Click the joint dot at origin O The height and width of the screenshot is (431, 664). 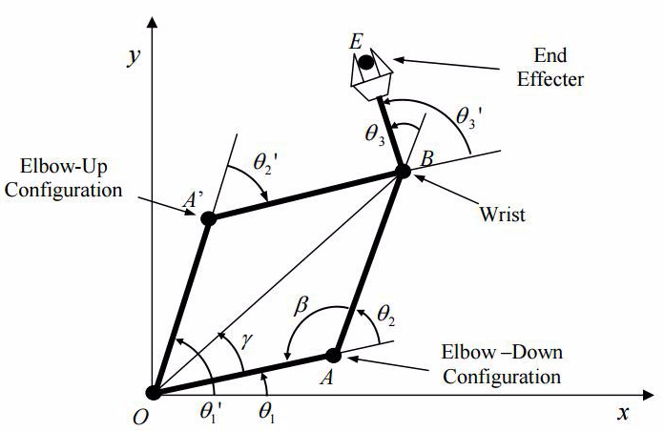point(154,392)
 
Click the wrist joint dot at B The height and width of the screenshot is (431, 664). point(403,172)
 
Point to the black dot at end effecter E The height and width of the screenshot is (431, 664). point(365,62)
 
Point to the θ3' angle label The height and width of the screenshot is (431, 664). point(469,118)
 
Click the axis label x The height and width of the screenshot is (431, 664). point(623,413)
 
